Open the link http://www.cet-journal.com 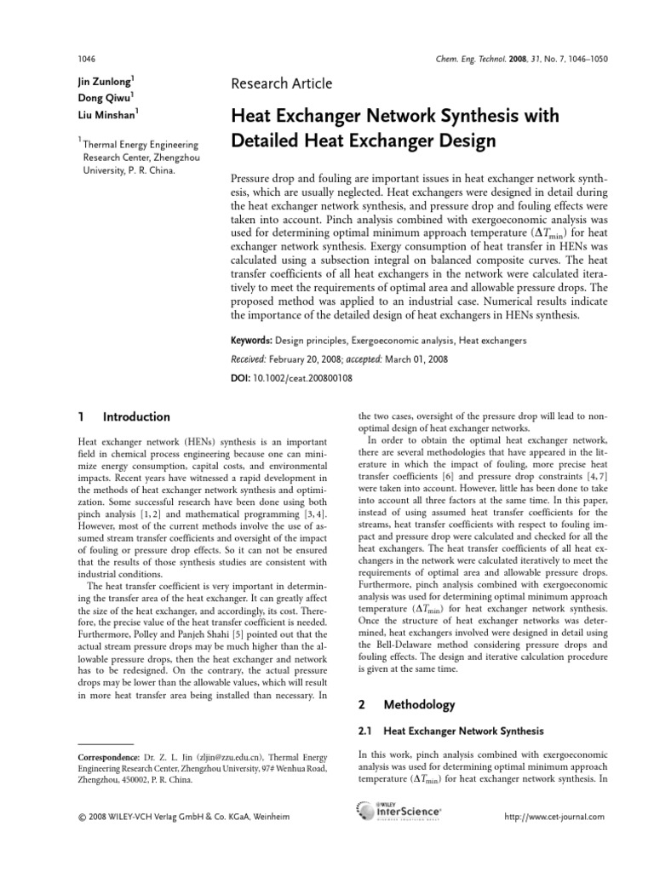554,817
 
